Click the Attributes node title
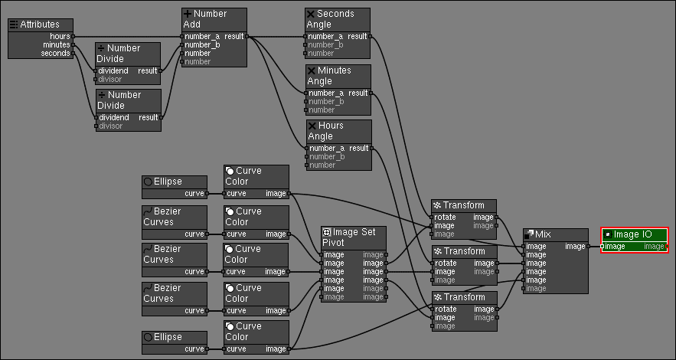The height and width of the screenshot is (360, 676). point(40,25)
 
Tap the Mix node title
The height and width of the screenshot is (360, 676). point(543,234)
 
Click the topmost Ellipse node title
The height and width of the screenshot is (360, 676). point(168,182)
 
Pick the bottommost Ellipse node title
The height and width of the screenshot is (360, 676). point(168,337)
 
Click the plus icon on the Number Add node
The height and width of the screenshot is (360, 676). point(188,14)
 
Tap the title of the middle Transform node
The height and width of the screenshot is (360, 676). point(463,251)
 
